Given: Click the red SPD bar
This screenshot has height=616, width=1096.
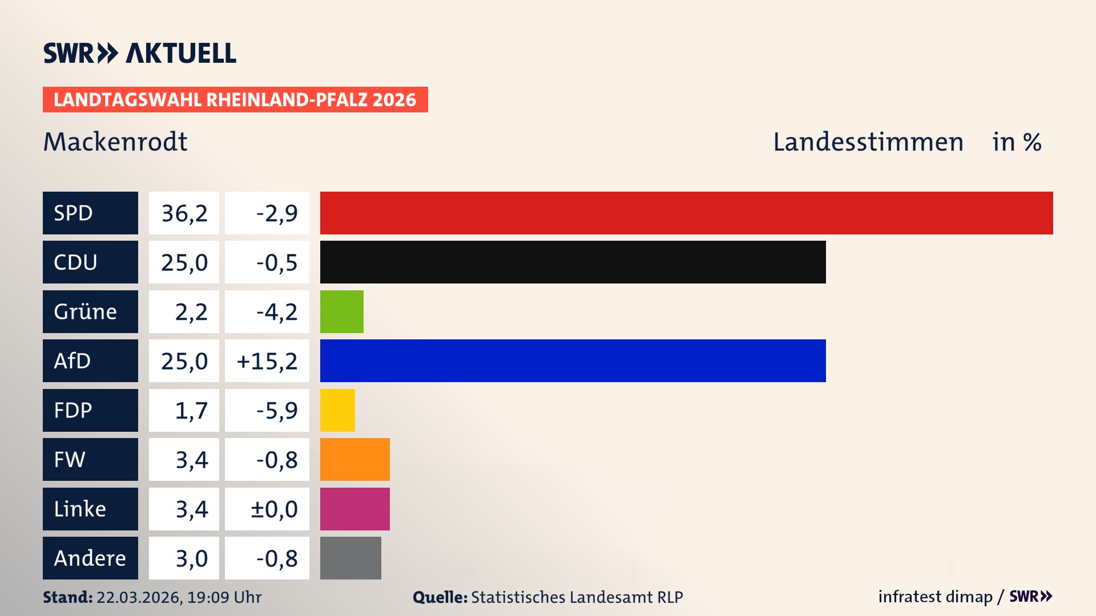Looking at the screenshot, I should [x=686, y=213].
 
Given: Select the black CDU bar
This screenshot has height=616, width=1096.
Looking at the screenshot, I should [x=573, y=262].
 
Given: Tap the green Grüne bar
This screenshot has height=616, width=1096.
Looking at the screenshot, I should [x=341, y=311].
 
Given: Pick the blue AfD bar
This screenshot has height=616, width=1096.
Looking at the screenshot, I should [x=573, y=361].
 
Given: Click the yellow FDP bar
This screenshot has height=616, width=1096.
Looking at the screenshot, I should [x=337, y=410].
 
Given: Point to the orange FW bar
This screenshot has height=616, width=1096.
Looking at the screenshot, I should [x=354, y=460].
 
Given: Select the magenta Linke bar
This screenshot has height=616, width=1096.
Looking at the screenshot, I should [x=354, y=509].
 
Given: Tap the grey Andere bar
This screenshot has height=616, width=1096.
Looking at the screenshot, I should [x=350, y=558].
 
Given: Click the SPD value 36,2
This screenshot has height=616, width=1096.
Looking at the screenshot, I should [x=184, y=213].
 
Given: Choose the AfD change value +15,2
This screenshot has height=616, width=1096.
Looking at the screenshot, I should [x=267, y=361].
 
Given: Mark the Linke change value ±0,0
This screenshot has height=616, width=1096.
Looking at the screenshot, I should [x=274, y=509].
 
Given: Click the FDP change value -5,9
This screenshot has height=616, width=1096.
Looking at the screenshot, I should [x=276, y=410].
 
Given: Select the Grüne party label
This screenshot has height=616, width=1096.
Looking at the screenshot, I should [x=86, y=311].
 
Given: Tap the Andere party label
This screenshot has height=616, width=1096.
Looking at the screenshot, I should [x=90, y=558].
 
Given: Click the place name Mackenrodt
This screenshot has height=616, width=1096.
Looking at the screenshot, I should [x=115, y=141].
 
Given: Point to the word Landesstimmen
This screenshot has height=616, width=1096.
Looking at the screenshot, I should [x=868, y=141].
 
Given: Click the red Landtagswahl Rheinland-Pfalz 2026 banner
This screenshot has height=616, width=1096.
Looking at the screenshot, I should [x=235, y=100].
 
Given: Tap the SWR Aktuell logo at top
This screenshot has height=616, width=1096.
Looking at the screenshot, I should [x=140, y=53].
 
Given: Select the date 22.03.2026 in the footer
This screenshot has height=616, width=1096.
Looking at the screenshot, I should [x=138, y=597].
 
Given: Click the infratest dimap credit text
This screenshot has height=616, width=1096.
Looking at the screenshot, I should [x=935, y=597].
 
